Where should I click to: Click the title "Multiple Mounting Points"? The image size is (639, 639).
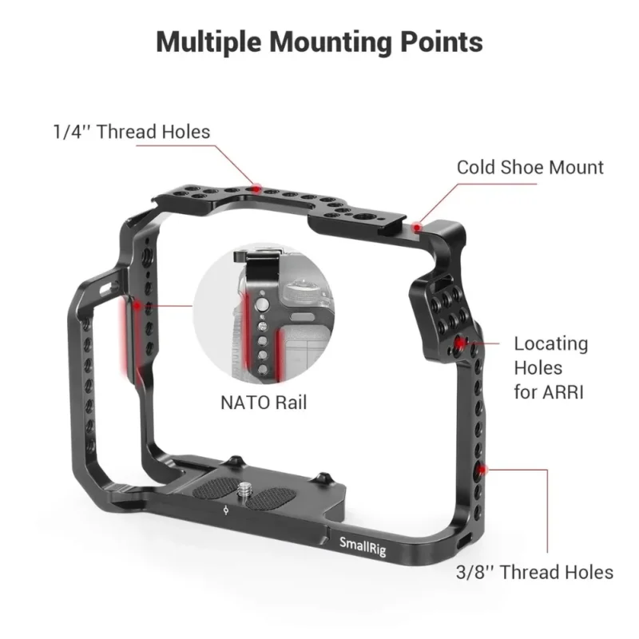pos(319,42)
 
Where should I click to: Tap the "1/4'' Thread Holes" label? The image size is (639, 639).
pos(132,132)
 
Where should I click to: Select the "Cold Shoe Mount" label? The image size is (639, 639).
pos(530,168)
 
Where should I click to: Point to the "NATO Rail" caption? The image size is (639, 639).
pos(264,403)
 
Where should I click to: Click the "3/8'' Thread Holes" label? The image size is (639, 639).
pos(534,572)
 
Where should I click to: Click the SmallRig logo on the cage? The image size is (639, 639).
pos(363,546)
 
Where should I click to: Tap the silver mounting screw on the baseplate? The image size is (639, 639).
pos(244,488)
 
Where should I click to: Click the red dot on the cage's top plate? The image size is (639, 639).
pos(256,189)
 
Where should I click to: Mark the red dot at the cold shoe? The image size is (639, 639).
pos(416,227)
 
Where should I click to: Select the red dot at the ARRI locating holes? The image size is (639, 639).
pos(460,343)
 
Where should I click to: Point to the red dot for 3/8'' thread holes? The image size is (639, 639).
pos(482,470)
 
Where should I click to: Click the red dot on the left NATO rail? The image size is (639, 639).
pos(137,305)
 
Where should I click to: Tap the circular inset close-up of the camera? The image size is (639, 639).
pos(264,312)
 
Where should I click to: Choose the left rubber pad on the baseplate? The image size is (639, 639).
pos(216,487)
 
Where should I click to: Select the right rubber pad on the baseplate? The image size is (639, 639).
pos(271,499)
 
